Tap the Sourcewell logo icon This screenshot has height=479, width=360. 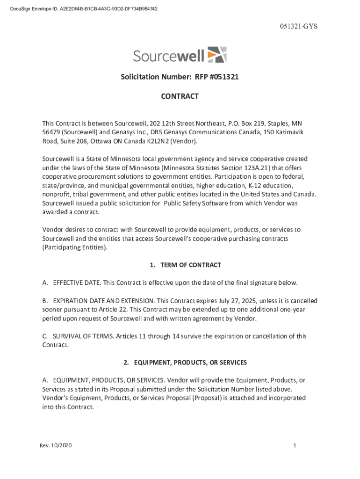216,55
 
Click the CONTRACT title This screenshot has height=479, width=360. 180,96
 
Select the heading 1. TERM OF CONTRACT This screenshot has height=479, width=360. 185,265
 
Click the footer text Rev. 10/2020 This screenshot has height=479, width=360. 56,446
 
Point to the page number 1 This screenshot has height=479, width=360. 295,446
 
